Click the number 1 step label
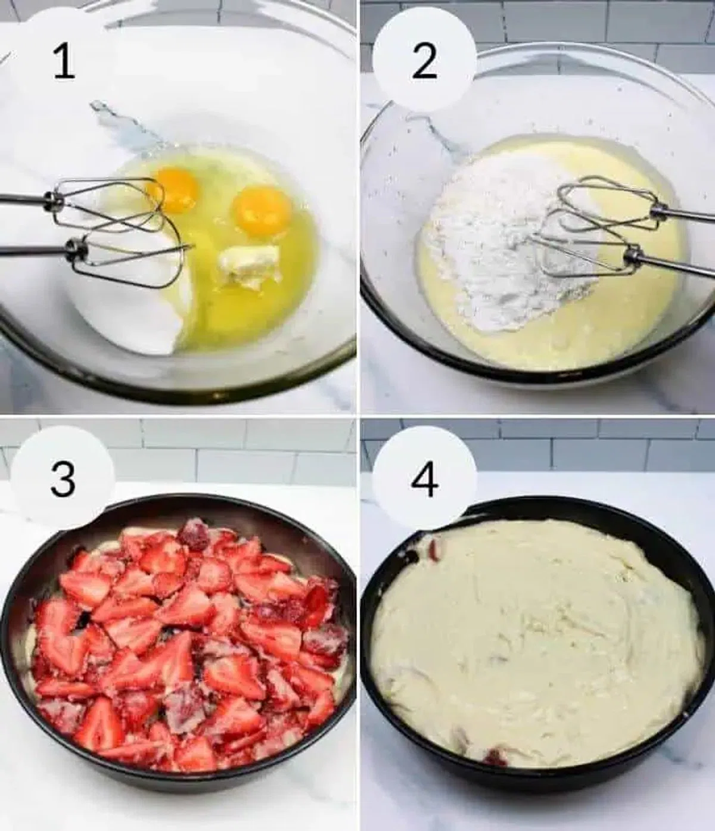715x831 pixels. (64, 62)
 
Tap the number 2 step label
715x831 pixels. (425, 62)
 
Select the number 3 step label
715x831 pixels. (63, 479)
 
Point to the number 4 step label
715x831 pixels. (425, 479)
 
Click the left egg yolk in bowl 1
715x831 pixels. (176, 189)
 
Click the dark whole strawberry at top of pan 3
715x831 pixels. (194, 536)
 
